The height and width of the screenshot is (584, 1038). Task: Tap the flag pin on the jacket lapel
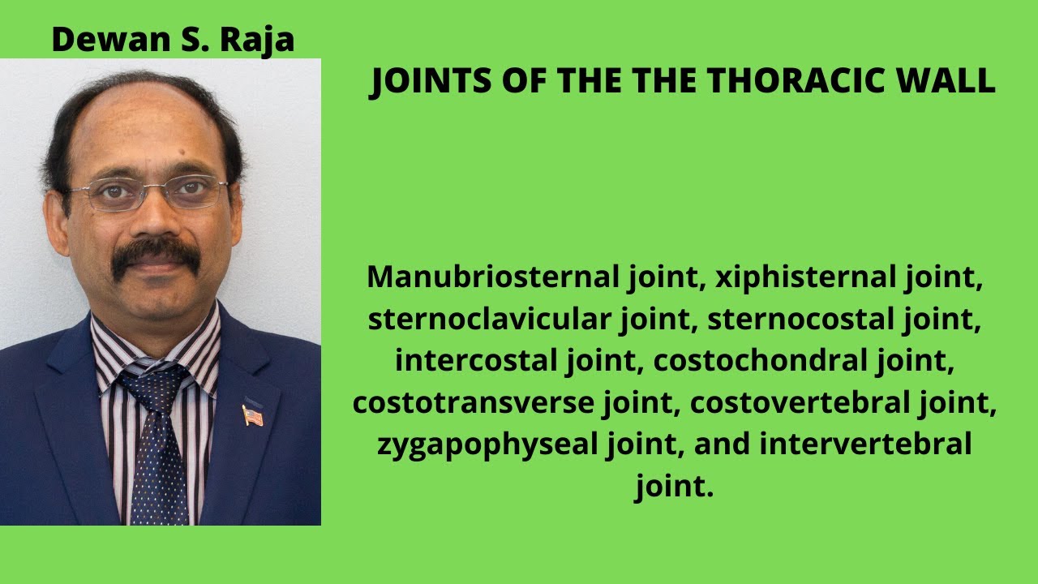(x=252, y=415)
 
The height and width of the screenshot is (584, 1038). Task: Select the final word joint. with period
(x=674, y=487)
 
